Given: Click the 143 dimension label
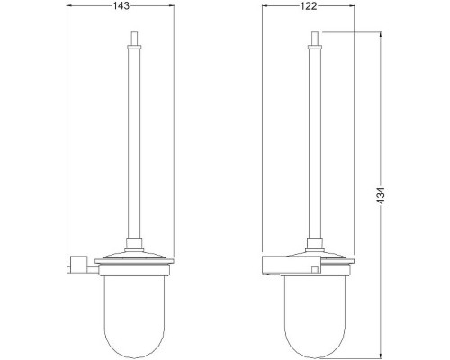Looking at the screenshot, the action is pyautogui.click(x=121, y=6).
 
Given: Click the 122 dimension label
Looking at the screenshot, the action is pyautogui.click(x=308, y=6).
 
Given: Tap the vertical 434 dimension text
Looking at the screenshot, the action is pyautogui.click(x=381, y=196).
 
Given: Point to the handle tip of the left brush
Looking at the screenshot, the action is pyautogui.click(x=134, y=31).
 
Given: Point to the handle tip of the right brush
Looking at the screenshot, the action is pyautogui.click(x=315, y=31).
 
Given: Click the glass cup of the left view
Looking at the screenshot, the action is pyautogui.click(x=134, y=315).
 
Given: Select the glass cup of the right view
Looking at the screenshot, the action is pyautogui.click(x=315, y=315).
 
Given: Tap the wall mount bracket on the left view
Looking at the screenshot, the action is pyautogui.click(x=78, y=263).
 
